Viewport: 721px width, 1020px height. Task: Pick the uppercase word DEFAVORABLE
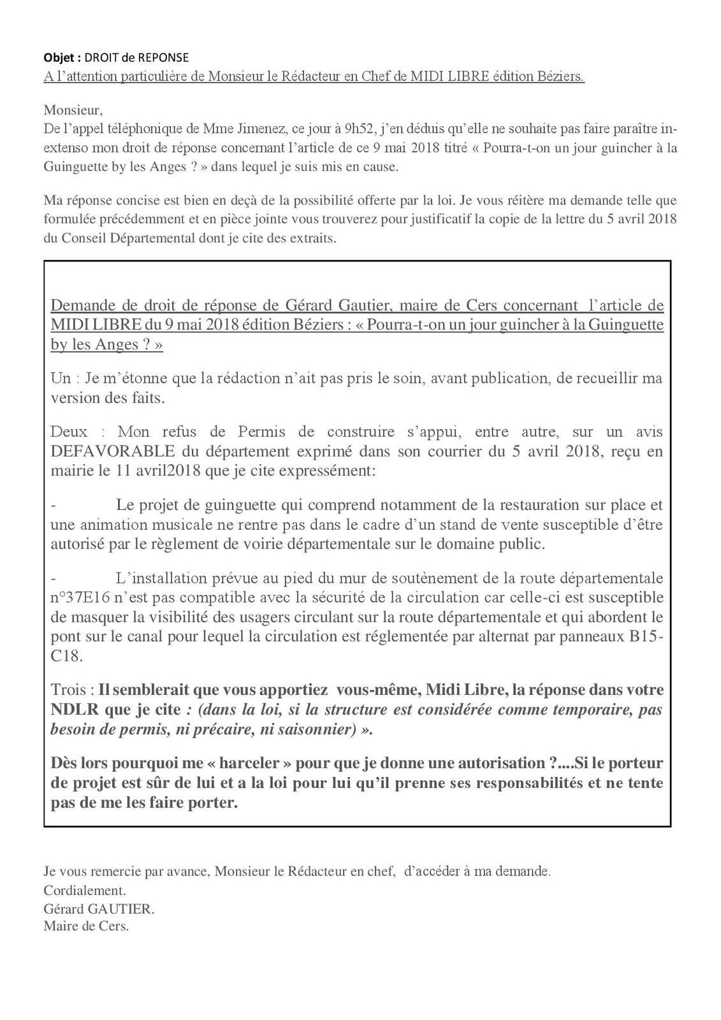click(112, 452)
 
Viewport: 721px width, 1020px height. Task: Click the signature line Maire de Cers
click(86, 926)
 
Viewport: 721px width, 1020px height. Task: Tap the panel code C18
click(64, 656)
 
